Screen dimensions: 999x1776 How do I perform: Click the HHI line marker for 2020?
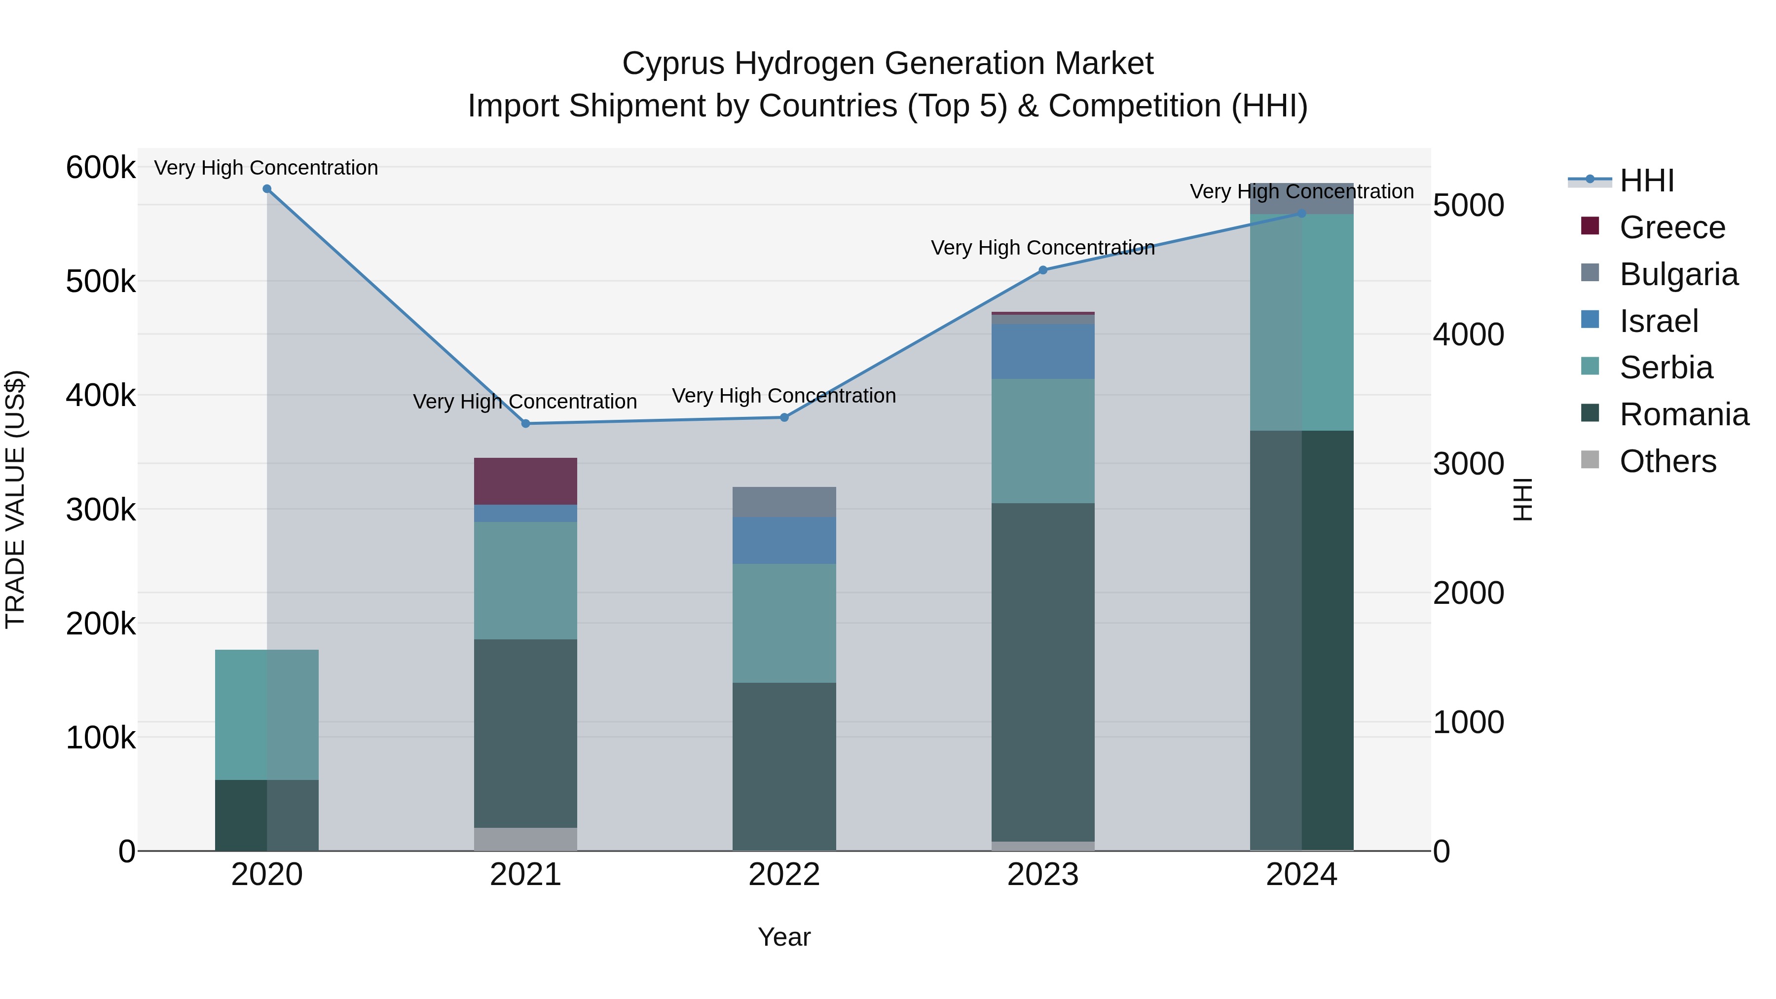coord(267,189)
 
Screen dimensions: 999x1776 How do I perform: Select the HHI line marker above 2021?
coord(525,423)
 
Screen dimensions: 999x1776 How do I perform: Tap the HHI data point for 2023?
coord(1042,270)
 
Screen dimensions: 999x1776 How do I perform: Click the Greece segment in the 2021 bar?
coord(525,481)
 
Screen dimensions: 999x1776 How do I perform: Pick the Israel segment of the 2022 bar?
coord(784,541)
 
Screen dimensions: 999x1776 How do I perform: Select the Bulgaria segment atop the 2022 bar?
coord(784,502)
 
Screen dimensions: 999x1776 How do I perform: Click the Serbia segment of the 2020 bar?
coord(267,714)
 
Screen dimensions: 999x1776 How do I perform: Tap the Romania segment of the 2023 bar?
coord(1042,672)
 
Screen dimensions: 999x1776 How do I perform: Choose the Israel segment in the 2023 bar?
coord(1042,352)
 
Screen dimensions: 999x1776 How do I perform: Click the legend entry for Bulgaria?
coord(1678,274)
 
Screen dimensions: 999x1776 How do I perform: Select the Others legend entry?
coord(1667,461)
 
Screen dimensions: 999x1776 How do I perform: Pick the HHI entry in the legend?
coord(1646,181)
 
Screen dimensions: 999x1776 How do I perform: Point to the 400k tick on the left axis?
coord(101,396)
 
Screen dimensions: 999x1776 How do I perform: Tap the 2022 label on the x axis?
coord(784,875)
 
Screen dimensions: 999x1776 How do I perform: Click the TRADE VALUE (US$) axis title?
coord(15,499)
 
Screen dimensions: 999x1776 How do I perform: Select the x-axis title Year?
coord(784,937)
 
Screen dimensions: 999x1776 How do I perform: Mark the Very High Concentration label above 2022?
coord(784,396)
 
